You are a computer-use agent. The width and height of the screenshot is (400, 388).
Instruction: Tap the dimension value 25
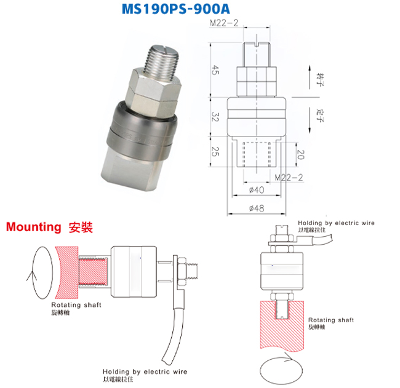[x=214, y=151]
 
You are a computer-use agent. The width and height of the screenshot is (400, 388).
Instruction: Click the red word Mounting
[x=33, y=227]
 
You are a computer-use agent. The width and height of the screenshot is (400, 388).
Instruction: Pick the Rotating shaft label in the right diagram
[x=330, y=320]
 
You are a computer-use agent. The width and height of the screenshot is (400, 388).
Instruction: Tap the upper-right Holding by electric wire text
[x=336, y=223]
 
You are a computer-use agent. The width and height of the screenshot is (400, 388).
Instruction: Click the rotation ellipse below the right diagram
[x=282, y=371]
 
